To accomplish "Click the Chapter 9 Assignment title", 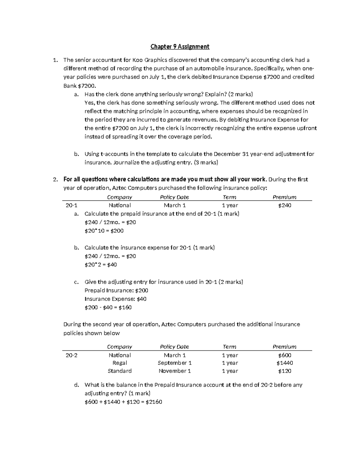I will [x=180, y=47].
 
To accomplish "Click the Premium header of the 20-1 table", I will [x=284, y=197].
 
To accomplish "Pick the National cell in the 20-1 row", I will [x=119, y=205].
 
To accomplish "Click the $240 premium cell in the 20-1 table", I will [x=284, y=205].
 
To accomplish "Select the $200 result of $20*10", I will [x=117, y=231].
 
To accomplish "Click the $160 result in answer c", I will [x=125, y=308].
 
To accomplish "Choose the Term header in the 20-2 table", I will [x=229, y=347].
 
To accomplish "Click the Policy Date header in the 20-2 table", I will [x=174, y=347].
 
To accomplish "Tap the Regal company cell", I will [x=119, y=363].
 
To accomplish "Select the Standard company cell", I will [x=119, y=371].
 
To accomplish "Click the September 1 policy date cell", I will [x=175, y=363].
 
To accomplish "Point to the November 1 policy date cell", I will [x=175, y=371].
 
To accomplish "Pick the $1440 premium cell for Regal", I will [x=284, y=363].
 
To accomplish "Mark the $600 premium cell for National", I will [x=284, y=355].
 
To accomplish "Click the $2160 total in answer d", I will [x=154, y=402].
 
